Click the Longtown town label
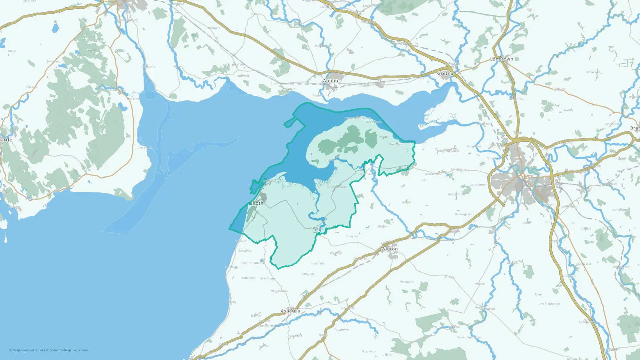501,59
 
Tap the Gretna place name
445,73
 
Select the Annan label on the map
330,81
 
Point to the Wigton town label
389,249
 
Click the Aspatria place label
290,311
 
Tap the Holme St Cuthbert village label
252,263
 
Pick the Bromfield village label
317,263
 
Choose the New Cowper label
268,278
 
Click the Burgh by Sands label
448,151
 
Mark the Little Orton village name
478,185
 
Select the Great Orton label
456,194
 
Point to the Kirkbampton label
434,174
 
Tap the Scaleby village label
568,110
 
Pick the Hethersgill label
593,72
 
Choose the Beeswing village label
53,61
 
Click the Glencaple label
148,67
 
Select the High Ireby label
369,351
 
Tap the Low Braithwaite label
549,303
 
